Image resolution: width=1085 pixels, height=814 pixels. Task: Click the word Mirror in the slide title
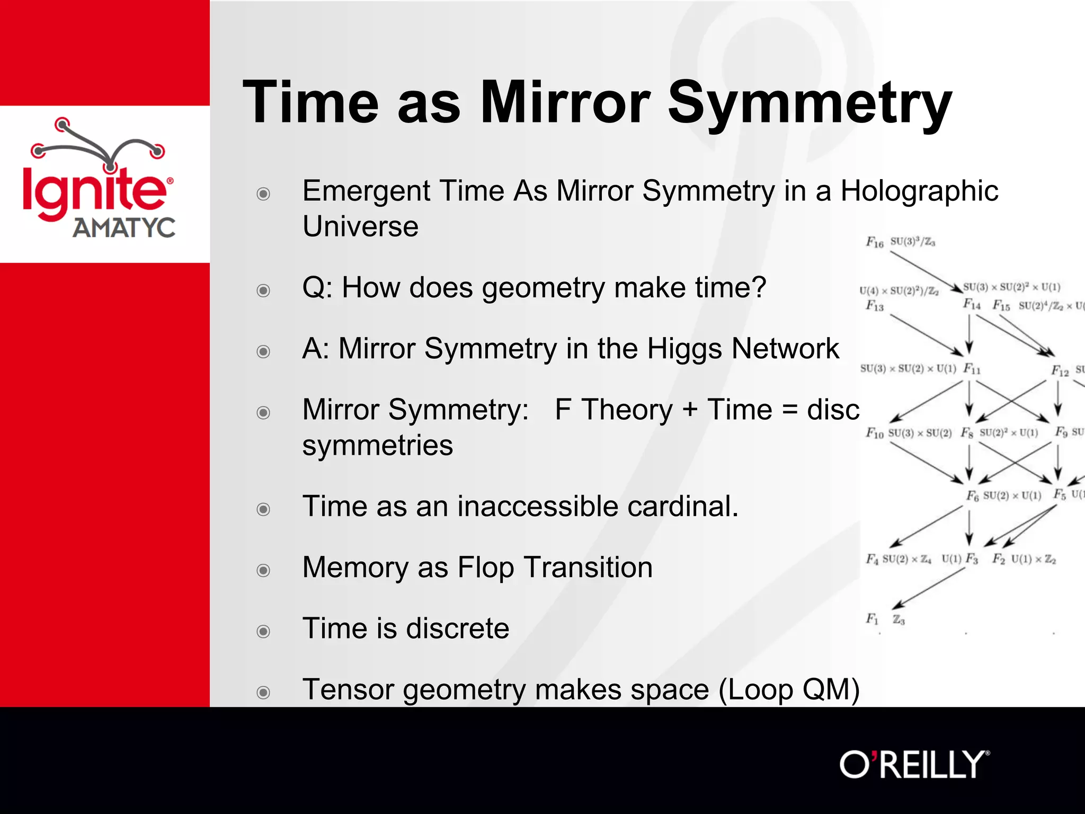[565, 102]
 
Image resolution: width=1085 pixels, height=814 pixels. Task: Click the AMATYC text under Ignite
[123, 228]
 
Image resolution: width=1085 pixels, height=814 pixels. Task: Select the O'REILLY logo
[914, 765]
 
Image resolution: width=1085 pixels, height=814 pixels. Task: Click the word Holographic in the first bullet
[919, 191]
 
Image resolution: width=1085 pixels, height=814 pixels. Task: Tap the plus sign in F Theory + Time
[689, 410]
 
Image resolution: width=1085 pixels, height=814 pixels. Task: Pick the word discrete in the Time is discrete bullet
[458, 629]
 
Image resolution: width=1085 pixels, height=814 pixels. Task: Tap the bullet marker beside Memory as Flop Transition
[263, 570]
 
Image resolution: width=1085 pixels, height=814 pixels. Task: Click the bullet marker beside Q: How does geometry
[263, 290]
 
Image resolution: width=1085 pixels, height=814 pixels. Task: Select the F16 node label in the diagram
[875, 242]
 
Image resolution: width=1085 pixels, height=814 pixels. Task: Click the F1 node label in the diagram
[872, 618]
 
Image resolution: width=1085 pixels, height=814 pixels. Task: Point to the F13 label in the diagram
[875, 305]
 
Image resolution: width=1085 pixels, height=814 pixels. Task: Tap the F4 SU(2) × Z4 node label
[898, 559]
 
